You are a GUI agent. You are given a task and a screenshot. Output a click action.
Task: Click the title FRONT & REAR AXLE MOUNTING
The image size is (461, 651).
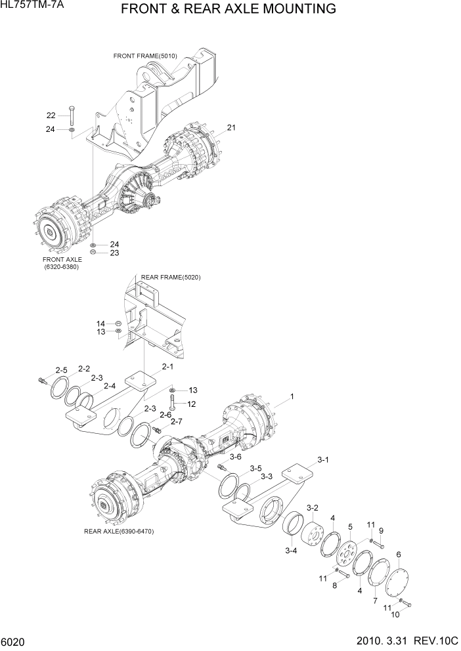pos(229,9)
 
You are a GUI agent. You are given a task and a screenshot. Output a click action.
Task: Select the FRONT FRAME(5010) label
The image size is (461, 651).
pos(145,56)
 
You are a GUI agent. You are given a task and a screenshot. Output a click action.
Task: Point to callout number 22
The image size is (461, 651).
pos(51,115)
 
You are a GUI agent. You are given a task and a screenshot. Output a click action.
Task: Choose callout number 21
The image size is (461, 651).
pos(231,127)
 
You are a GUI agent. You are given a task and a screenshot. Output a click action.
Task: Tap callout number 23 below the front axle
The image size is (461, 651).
pos(114,253)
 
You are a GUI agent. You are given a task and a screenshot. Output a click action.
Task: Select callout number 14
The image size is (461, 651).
pos(100,324)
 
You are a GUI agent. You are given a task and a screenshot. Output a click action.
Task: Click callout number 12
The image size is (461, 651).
pos(192,404)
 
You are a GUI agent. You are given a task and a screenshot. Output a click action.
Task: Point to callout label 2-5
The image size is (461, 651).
pos(61,370)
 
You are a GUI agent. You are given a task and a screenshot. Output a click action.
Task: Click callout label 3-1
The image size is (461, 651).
pos(322,460)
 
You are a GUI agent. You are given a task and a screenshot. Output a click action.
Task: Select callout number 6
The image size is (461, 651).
pos(399,555)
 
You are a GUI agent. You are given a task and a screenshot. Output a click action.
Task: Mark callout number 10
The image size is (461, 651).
pos(395,614)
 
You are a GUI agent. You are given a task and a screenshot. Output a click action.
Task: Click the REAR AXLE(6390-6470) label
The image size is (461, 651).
pos(119,531)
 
